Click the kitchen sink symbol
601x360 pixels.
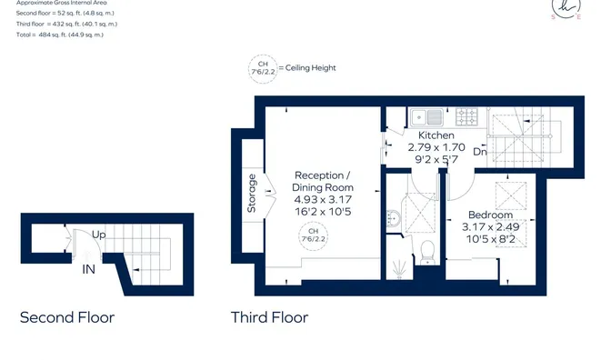[426, 117]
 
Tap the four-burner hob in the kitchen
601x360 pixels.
[466, 116]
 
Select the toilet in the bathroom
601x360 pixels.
[427, 252]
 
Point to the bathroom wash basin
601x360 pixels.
[394, 218]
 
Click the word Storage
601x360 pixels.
[252, 194]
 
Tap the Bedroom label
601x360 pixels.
[490, 215]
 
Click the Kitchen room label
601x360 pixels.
[436, 135]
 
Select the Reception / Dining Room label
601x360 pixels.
[323, 181]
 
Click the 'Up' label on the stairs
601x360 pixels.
[98, 235]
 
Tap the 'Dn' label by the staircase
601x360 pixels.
[479, 152]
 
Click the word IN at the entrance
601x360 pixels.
[88, 269]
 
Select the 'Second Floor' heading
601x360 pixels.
[67, 317]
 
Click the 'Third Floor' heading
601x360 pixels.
[269, 317]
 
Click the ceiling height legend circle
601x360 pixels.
[263, 69]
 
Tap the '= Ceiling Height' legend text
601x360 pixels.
[307, 68]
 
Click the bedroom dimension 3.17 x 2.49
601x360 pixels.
[490, 227]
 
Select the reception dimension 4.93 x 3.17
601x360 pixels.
[323, 199]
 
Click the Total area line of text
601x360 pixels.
[60, 35]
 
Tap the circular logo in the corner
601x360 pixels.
[566, 8]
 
